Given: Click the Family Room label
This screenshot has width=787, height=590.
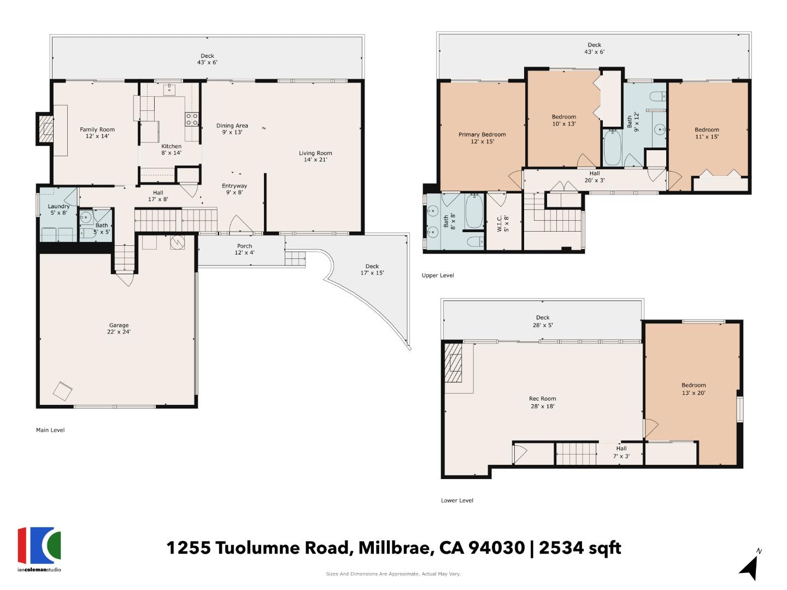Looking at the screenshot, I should pyautogui.click(x=97, y=133).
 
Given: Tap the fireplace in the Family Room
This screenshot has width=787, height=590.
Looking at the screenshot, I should pyautogui.click(x=46, y=129).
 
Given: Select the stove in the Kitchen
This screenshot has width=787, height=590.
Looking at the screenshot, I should pyautogui.click(x=191, y=119).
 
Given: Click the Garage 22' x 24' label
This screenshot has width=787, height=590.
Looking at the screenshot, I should pyautogui.click(x=119, y=328).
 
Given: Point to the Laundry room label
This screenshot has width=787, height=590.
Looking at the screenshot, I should pyautogui.click(x=58, y=209).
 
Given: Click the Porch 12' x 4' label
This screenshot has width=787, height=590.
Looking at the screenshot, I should pyautogui.click(x=244, y=249).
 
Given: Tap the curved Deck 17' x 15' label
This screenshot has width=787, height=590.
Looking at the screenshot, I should pyautogui.click(x=372, y=269).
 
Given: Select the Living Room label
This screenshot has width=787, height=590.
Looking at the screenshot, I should pyautogui.click(x=315, y=156).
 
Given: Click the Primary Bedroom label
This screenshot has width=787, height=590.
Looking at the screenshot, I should pyautogui.click(x=482, y=138).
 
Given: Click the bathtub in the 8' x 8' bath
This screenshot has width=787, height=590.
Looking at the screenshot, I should pyautogui.click(x=473, y=212).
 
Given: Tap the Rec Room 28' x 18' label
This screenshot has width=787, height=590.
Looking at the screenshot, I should pyautogui.click(x=543, y=402).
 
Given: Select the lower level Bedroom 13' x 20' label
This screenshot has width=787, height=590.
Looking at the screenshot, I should pyautogui.click(x=694, y=388).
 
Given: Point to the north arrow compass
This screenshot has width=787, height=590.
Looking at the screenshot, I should pyautogui.click(x=750, y=565).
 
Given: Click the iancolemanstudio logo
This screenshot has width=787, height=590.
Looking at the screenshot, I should pyautogui.click(x=39, y=548).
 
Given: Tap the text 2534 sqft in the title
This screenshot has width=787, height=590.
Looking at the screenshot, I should pyautogui.click(x=580, y=547).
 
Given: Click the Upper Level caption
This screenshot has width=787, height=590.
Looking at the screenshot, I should pyautogui.click(x=438, y=275).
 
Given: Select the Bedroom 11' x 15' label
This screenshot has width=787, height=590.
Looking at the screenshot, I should pyautogui.click(x=707, y=133).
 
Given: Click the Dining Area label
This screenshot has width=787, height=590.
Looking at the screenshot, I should pyautogui.click(x=232, y=129).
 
